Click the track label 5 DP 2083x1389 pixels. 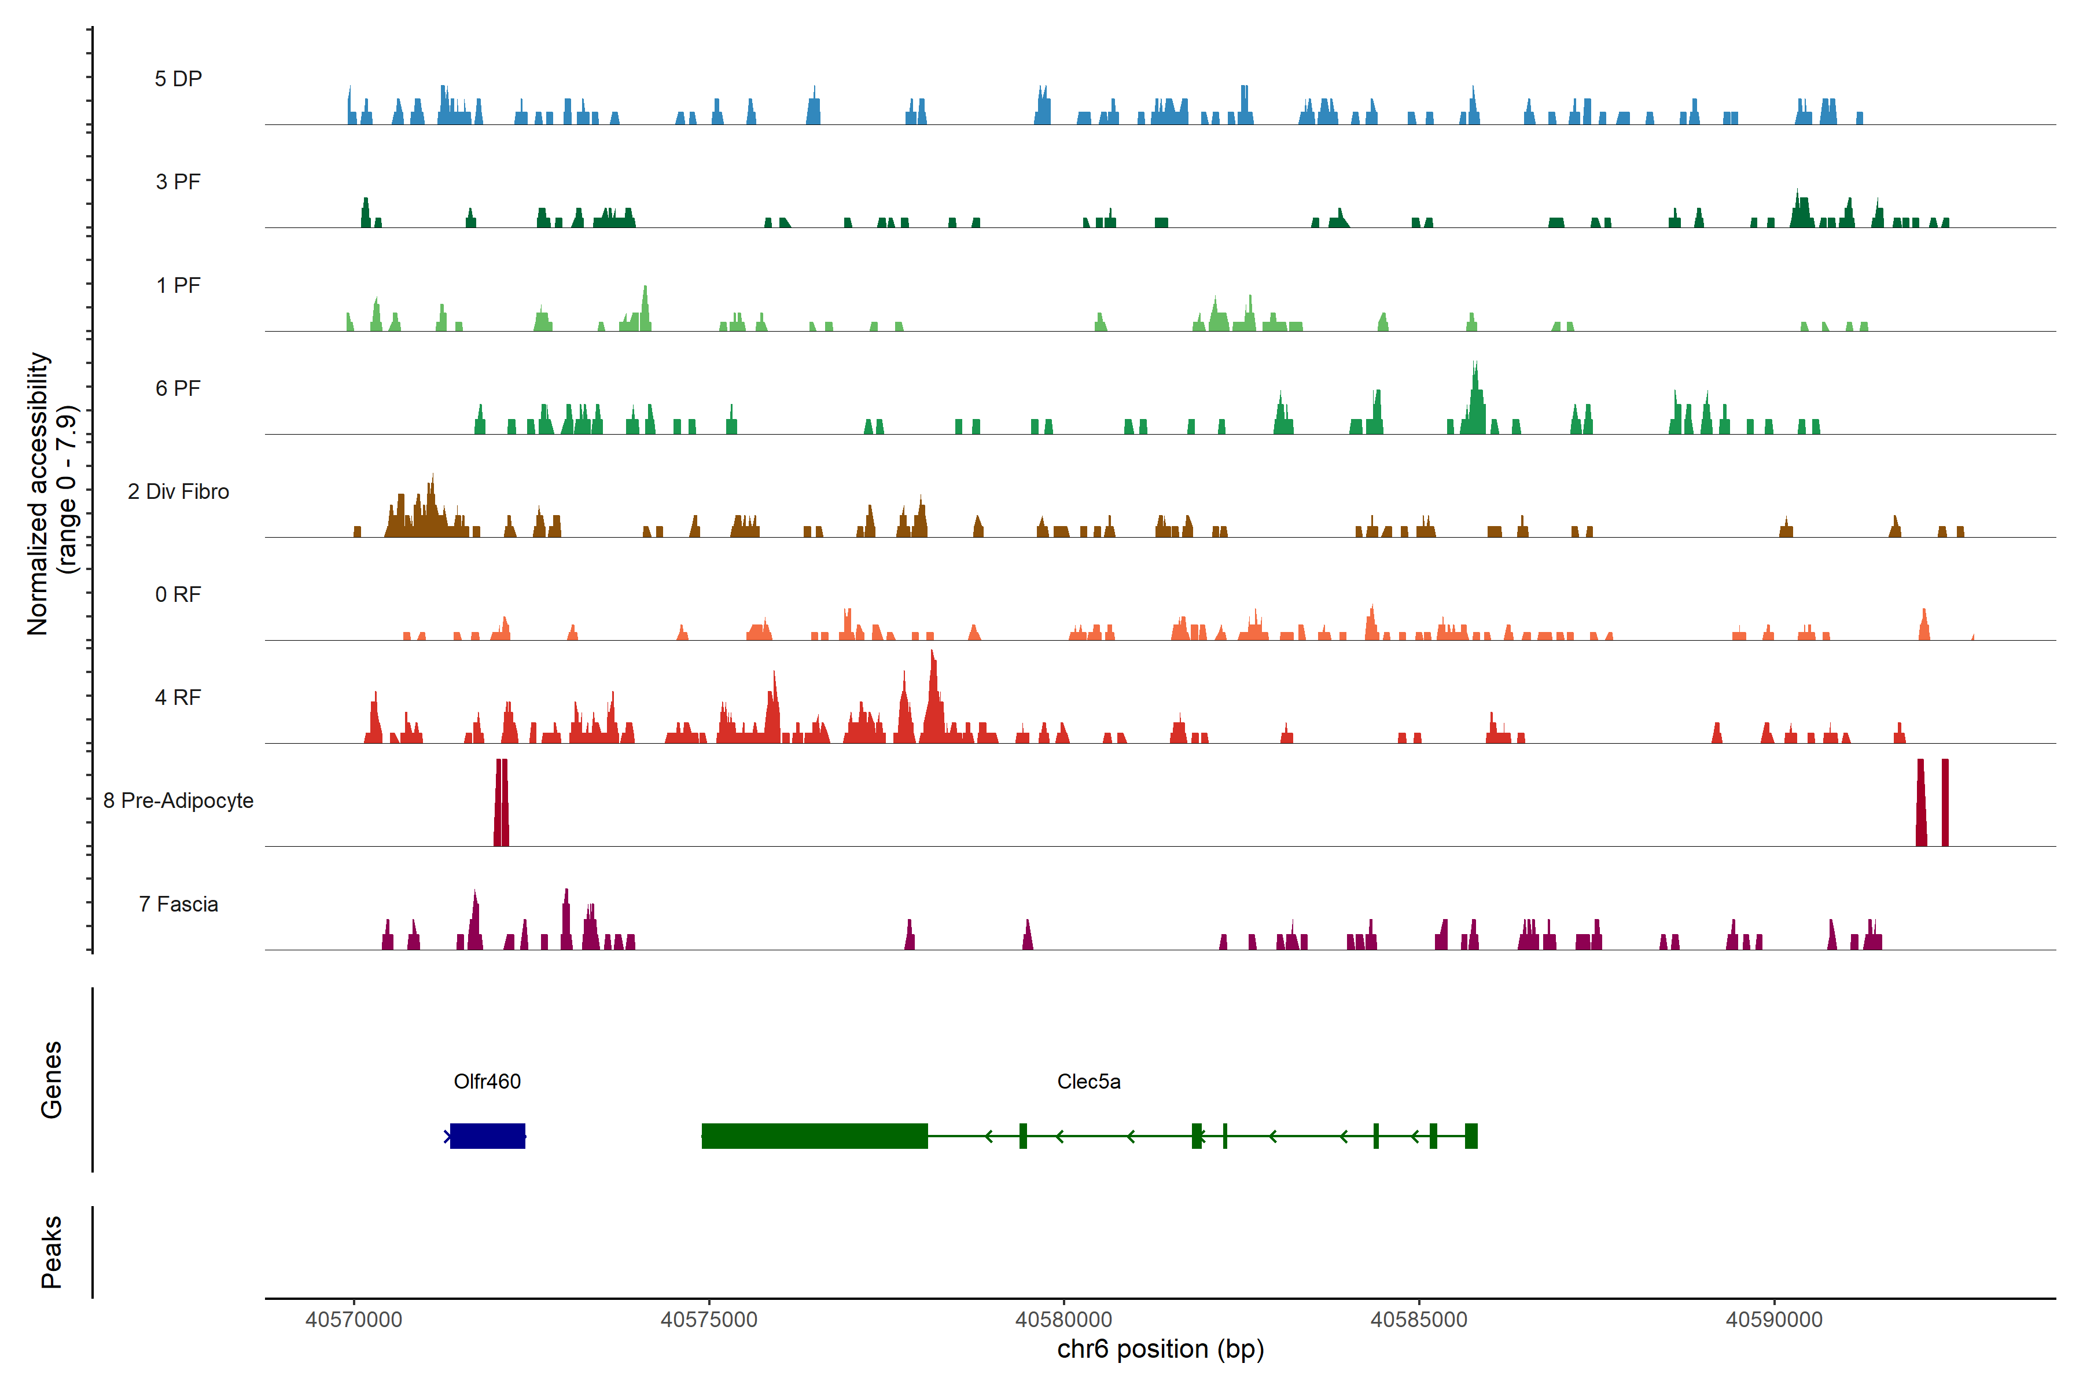[178, 79]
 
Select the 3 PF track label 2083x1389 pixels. [178, 182]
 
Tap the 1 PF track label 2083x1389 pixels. [178, 285]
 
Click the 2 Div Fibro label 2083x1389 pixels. [178, 491]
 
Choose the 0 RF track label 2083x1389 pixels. [178, 594]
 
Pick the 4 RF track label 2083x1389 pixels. [178, 697]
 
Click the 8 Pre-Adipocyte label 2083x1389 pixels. [178, 801]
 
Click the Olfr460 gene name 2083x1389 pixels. [487, 1082]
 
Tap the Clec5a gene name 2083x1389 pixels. [1088, 1082]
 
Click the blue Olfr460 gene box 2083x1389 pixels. [487, 1136]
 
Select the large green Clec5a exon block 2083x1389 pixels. [815, 1136]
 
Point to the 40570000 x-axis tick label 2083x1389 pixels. [354, 1320]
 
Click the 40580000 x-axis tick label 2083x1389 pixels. [1063, 1320]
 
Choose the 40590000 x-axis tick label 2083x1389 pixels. [1774, 1320]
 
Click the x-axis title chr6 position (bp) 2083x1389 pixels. [1160, 1349]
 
